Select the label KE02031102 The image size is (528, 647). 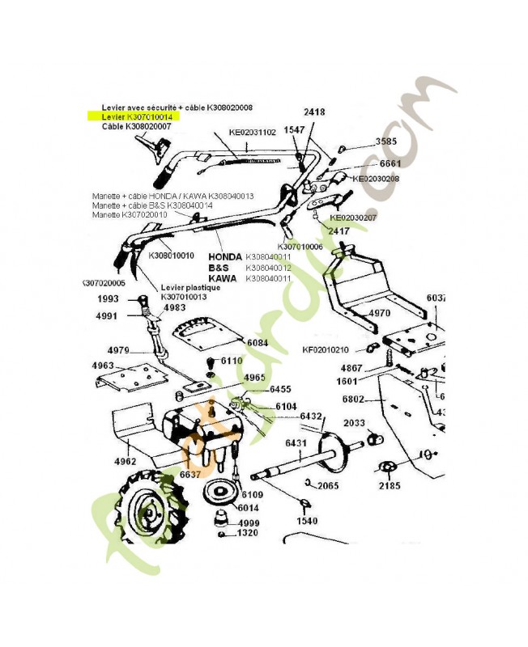tap(253, 132)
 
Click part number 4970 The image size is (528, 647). tap(379, 313)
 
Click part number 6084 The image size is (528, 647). tap(258, 343)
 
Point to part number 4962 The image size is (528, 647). tap(125, 462)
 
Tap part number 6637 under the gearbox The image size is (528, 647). tap(190, 473)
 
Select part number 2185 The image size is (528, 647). tap(389, 487)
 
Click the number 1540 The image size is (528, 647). tap(307, 521)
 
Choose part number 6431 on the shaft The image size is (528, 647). tap(295, 443)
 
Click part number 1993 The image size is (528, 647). tap(108, 299)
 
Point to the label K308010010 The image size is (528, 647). tap(172, 255)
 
